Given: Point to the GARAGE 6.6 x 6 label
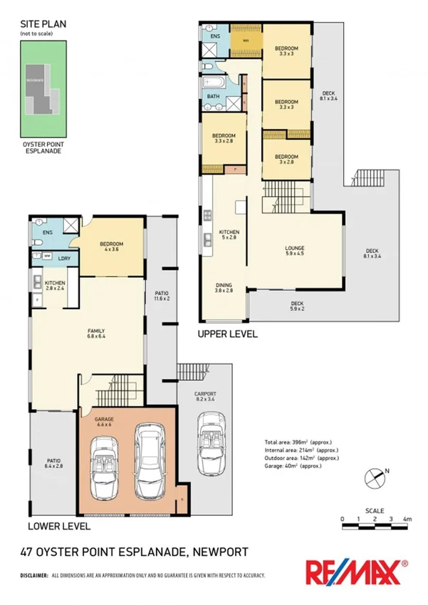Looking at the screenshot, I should [x=105, y=421].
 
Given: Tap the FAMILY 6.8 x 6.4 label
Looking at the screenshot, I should [x=96, y=333].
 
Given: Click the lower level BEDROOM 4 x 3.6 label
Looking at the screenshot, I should [x=112, y=246].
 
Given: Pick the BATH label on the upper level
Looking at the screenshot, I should [x=213, y=96].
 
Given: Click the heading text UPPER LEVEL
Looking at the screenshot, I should [x=227, y=333].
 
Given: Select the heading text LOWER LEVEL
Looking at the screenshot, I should [x=58, y=526].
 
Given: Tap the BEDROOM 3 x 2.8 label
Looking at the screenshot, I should [x=286, y=159].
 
